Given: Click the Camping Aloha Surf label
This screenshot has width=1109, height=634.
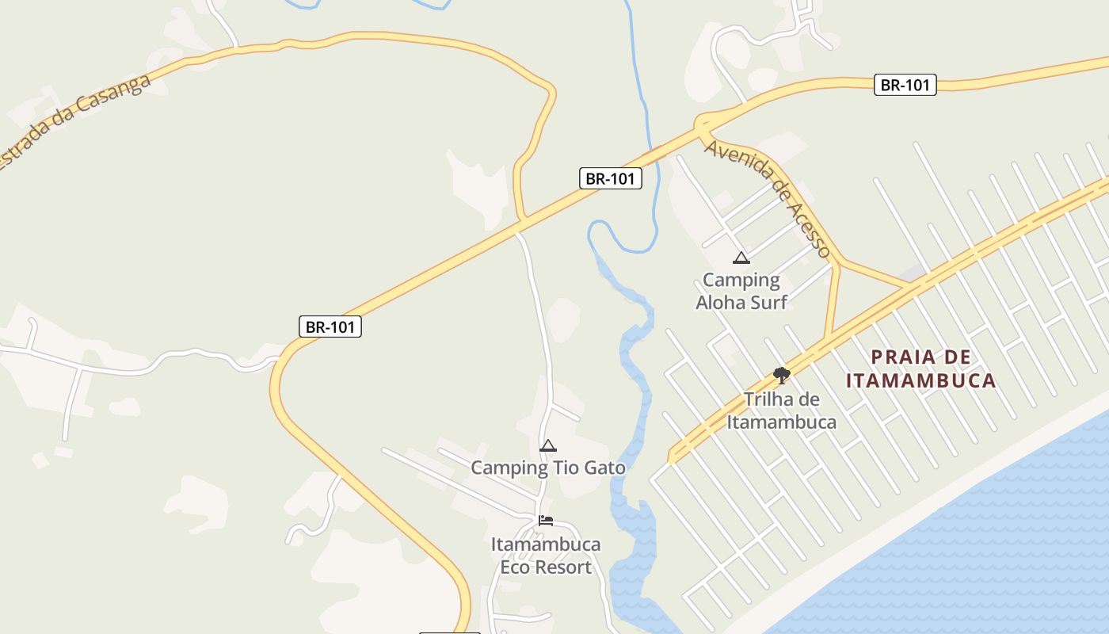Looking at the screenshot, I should [741, 291].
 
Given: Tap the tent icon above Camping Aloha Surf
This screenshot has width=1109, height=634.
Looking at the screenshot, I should [741, 258].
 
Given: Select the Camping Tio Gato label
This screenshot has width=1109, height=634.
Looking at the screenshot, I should [548, 468].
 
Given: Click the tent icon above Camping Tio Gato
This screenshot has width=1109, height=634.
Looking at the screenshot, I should [547, 446].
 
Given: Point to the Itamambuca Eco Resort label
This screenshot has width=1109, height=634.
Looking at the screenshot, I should [546, 556].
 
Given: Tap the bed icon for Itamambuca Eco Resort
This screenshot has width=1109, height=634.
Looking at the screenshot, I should [546, 521].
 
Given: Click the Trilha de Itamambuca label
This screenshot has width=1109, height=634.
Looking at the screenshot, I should [782, 411].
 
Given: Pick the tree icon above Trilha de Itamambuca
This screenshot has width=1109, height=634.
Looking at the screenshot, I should [782, 376].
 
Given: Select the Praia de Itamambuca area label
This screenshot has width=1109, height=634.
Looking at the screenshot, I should [920, 369].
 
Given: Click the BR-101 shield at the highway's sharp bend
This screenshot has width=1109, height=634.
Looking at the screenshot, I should [330, 327].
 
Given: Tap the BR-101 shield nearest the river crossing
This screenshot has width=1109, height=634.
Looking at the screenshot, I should [610, 178].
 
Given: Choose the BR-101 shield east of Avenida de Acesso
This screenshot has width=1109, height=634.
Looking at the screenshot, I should [905, 85].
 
